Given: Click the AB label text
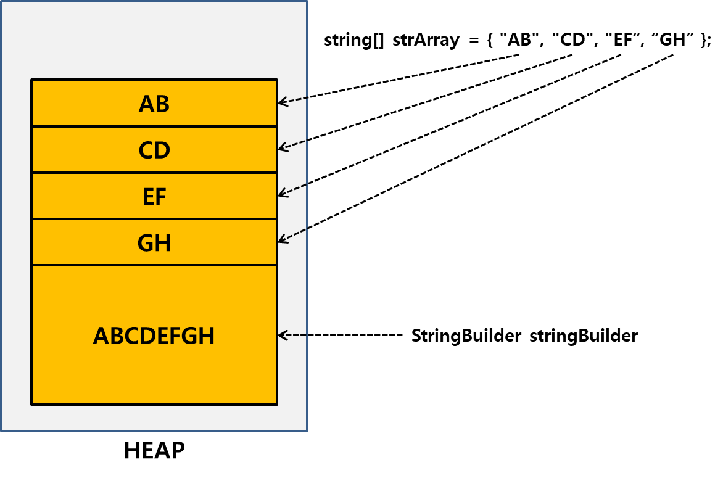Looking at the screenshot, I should point(154,104).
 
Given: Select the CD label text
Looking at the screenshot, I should point(154,150).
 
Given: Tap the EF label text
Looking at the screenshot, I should point(154,197).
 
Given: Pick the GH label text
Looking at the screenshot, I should point(154,244).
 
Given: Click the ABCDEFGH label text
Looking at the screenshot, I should point(154,336).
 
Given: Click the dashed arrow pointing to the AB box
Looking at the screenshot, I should point(292,101).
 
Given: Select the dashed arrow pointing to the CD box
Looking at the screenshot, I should point(292,145).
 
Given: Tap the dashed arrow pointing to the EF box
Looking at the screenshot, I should point(292,189).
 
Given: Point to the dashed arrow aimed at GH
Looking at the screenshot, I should point(292,235).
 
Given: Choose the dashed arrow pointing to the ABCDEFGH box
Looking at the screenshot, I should point(292,336).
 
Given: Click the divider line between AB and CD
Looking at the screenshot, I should point(154,126).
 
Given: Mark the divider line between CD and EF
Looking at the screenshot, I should point(154,173).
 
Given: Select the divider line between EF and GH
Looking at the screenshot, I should point(154,219).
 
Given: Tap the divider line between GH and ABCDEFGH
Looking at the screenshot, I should point(154,265).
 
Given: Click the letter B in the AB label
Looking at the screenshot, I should point(162,104).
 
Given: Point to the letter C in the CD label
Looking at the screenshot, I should point(146,150).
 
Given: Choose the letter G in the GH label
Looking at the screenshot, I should point(145,244).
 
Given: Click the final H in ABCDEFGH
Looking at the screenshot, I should point(207,336).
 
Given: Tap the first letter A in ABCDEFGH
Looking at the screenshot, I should point(101,336).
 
